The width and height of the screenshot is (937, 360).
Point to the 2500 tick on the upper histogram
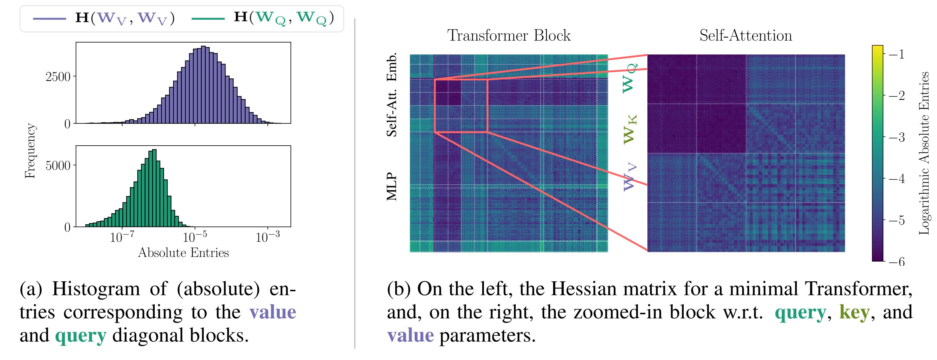[58, 77]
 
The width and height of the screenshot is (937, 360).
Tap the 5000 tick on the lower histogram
[58, 165]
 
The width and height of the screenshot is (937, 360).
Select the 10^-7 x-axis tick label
[122, 237]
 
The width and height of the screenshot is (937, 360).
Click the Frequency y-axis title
[30, 151]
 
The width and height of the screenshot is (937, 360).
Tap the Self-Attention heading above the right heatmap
[746, 36]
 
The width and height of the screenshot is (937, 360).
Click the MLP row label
[391, 187]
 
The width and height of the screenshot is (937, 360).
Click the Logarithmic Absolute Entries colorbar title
[924, 153]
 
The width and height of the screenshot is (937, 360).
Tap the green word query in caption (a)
[81, 335]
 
